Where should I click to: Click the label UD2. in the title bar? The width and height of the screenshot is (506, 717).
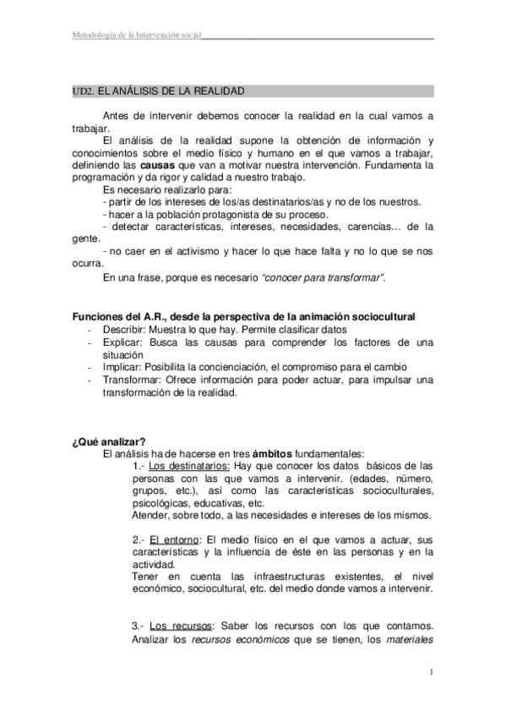coord(83,90)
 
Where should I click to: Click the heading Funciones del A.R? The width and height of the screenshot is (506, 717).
coord(127,316)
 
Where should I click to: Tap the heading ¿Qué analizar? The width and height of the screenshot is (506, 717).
coord(108,441)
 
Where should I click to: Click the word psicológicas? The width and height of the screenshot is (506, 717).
coord(164,503)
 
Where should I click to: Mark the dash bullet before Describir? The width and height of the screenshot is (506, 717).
coord(90,329)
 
